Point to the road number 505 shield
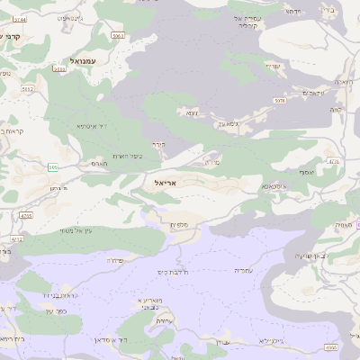click(x=53, y=166)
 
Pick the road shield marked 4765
click(x=26, y=216)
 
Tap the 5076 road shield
click(x=280, y=101)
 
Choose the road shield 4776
click(x=334, y=162)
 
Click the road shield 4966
click(x=331, y=346)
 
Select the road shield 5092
click(x=27, y=89)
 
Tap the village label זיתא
click(x=191, y=113)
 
